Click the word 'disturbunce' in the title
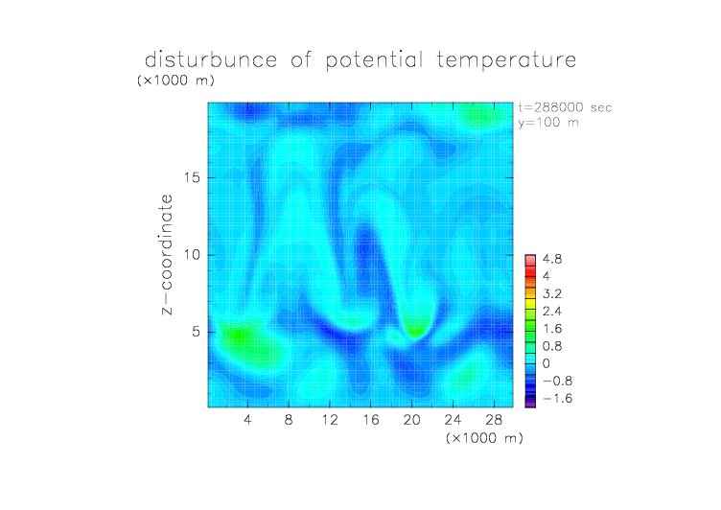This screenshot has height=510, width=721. pos(211,59)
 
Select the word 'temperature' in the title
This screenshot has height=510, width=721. pos(506,60)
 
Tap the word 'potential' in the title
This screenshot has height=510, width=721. pos(374,60)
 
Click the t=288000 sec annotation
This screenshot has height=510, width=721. pos(565,107)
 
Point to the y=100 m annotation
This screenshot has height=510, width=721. pos(548,123)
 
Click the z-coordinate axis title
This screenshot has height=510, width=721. pos(167,255)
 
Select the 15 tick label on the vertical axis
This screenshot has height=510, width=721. pos(192,177)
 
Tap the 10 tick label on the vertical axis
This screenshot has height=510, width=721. pos(192,255)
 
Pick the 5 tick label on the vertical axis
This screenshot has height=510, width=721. pos(197,332)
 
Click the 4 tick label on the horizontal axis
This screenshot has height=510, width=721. pos(247,419)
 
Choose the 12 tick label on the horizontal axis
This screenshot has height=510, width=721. pos(330,419)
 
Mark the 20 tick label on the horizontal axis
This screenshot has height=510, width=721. pos(411,419)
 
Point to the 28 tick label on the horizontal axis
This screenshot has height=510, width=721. pos(494,419)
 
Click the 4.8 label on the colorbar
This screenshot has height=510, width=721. pos(552,260)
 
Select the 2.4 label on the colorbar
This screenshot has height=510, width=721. pos(552,312)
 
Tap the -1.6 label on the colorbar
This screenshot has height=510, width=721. pos(557,398)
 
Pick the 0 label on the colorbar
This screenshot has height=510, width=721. pos(547,363)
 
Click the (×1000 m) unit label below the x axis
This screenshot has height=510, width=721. pos(484,438)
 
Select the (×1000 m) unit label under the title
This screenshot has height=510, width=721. pos(175,81)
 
